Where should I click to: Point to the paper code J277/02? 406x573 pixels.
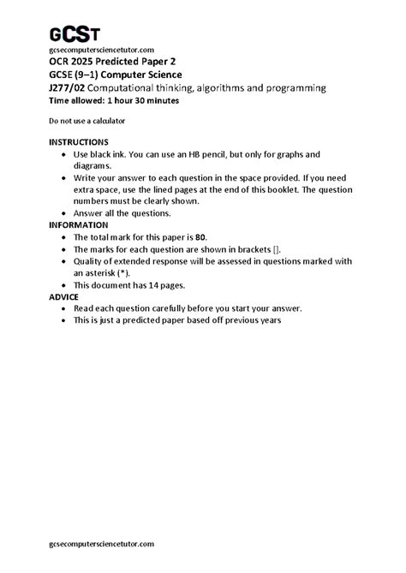[x=69, y=87]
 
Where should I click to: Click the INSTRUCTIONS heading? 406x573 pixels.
[x=85, y=141]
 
